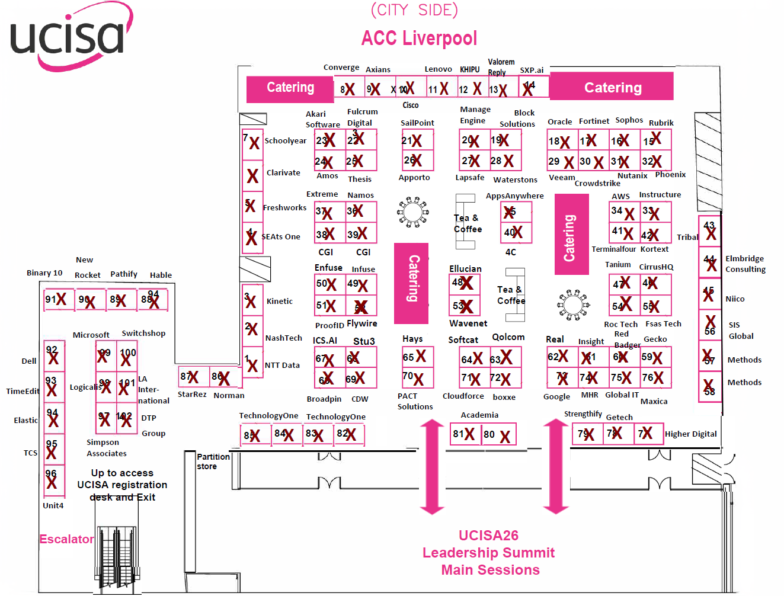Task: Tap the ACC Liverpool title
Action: click(419, 39)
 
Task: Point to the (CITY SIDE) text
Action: click(414, 10)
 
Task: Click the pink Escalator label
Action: click(66, 539)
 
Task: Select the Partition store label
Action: click(213, 462)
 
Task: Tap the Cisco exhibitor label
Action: click(411, 105)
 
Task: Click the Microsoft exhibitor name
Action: click(91, 335)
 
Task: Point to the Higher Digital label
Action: click(690, 434)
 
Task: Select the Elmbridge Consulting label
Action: click(745, 264)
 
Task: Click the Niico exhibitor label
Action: click(735, 299)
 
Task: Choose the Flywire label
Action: click(361, 323)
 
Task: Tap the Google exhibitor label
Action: click(556, 396)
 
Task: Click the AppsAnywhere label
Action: click(514, 196)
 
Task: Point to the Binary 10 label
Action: click(44, 273)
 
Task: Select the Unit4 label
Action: click(53, 505)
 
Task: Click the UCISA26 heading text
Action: click(488, 536)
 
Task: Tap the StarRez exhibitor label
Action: click(192, 394)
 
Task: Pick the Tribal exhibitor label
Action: click(687, 237)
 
